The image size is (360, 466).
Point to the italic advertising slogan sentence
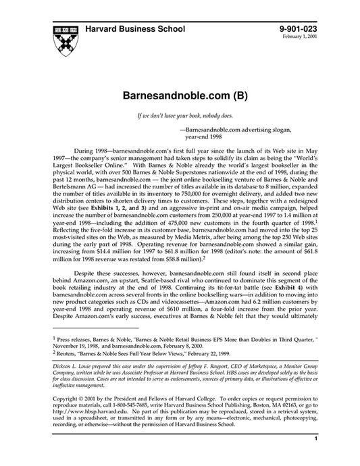pyautogui.click(x=180, y=117)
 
